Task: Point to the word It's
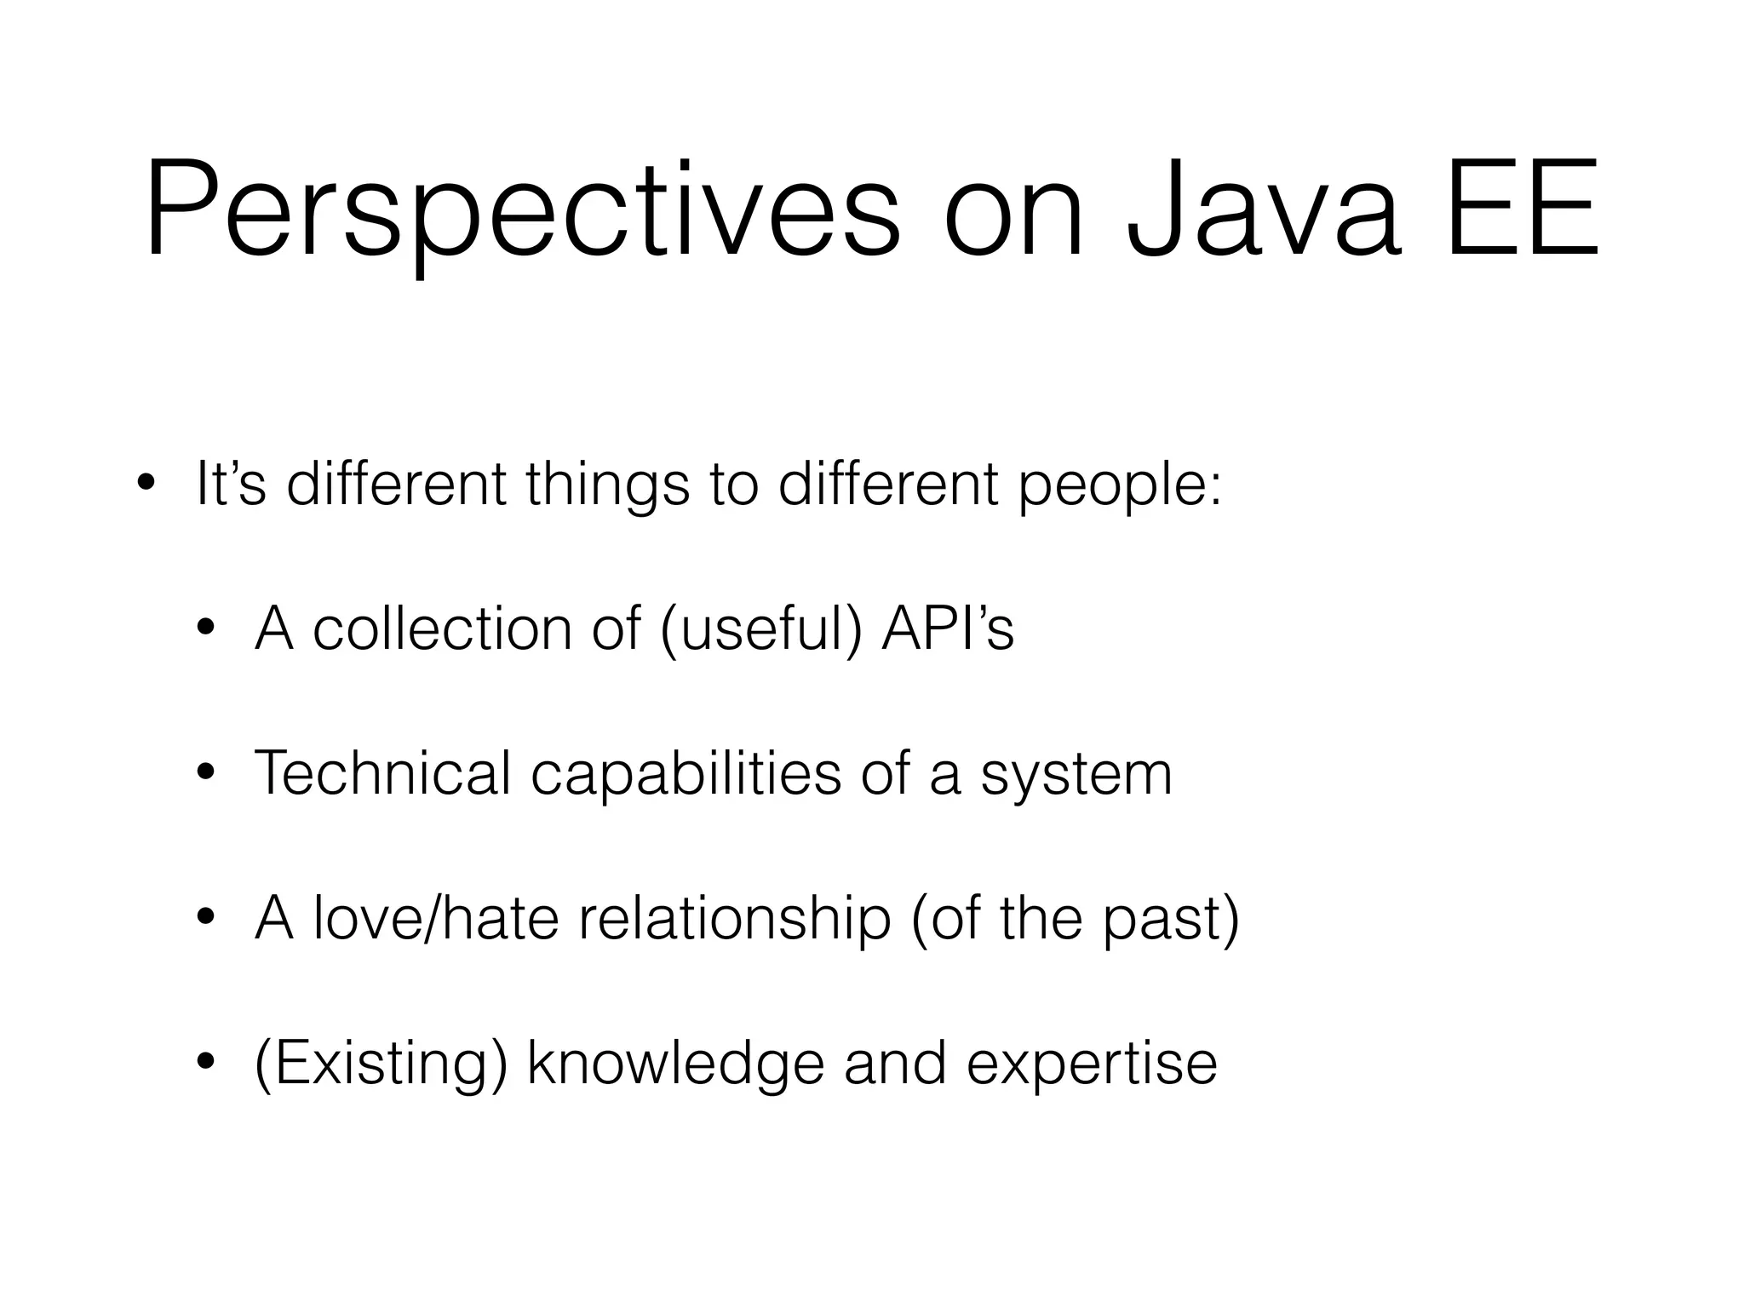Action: pyautogui.click(x=231, y=484)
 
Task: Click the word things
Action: pyautogui.click(x=607, y=484)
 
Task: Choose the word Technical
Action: pyautogui.click(x=382, y=773)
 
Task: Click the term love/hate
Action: pyautogui.click(x=435, y=918)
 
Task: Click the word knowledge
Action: pyautogui.click(x=676, y=1064)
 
